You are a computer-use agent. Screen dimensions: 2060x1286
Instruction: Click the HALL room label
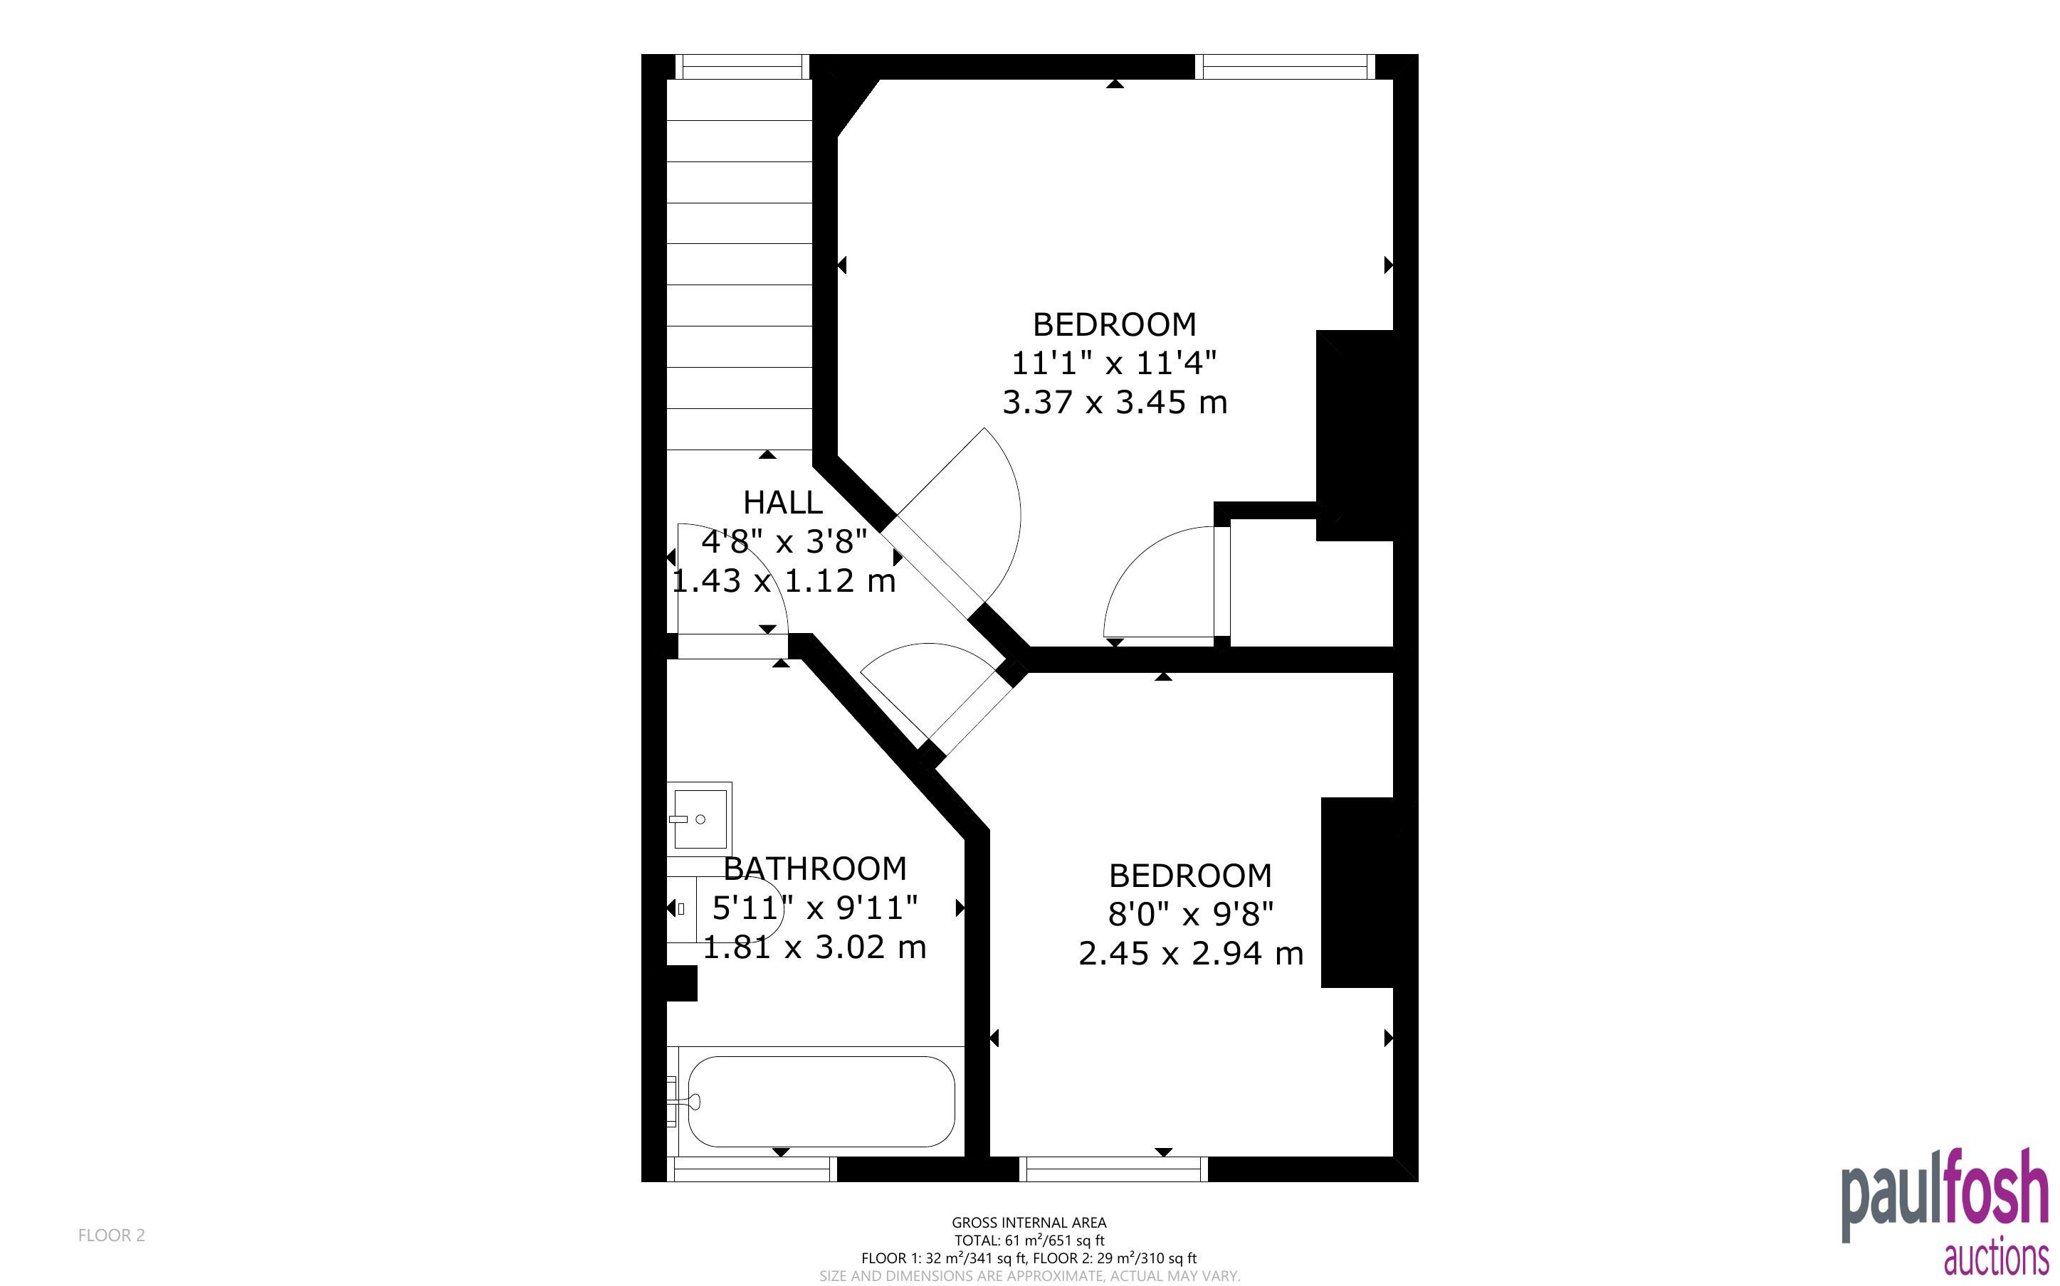point(783,503)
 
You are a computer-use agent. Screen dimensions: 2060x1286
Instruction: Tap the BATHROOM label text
point(814,869)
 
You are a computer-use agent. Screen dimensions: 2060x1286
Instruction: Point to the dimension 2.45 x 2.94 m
point(1190,953)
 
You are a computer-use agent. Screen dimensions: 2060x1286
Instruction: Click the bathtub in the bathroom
point(821,1102)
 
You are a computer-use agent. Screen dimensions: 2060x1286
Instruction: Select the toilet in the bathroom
point(723,908)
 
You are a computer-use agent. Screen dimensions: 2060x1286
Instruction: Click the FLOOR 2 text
point(112,1235)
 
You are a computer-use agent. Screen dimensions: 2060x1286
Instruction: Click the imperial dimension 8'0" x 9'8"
point(1190,914)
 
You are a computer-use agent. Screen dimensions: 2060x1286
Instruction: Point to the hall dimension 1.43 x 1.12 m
point(784,581)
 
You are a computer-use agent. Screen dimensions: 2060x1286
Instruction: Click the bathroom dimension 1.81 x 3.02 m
point(814,947)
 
